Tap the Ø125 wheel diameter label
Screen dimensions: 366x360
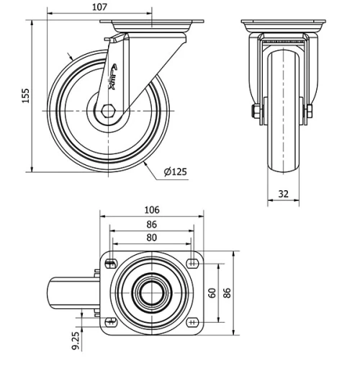(x=176, y=171)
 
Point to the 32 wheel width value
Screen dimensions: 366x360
(x=284, y=193)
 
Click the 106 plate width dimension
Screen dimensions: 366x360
(x=151, y=210)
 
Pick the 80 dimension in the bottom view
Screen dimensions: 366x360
(x=151, y=237)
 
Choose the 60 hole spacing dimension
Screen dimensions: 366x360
(x=213, y=292)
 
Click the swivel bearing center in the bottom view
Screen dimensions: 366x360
(x=151, y=292)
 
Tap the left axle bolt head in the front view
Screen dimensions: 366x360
(x=255, y=111)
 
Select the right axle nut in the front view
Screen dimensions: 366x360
(x=310, y=111)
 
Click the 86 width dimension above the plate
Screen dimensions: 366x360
(x=151, y=224)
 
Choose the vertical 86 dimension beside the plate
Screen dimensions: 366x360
(x=228, y=292)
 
